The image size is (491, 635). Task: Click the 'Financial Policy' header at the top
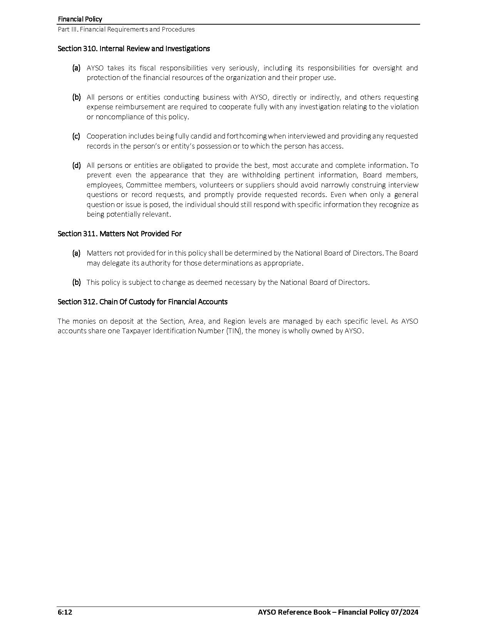click(80, 19)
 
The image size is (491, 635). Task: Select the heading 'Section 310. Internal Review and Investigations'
click(134, 48)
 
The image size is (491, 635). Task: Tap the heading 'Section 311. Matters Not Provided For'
click(119, 234)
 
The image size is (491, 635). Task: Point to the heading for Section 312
click(142, 302)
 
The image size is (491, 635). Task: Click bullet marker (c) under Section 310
click(76, 136)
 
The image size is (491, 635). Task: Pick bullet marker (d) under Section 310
click(76, 165)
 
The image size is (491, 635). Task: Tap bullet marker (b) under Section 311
click(76, 282)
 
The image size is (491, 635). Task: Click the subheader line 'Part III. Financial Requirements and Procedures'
click(126, 29)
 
